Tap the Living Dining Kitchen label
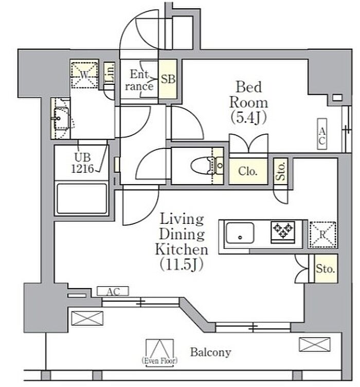tap(182, 241)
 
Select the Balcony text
tap(210, 352)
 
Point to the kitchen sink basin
tap(240, 233)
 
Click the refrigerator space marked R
tap(322, 235)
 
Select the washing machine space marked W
tap(84, 75)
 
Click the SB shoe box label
tap(168, 79)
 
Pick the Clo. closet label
tap(248, 171)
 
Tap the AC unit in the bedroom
tap(322, 134)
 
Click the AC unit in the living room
tap(113, 291)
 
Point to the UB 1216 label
tap(83, 163)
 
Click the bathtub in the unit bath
tap(82, 198)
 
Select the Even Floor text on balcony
tap(159, 361)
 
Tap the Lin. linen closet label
tap(110, 73)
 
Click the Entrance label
tap(139, 80)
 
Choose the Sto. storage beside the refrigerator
tap(326, 269)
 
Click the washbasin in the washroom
tap(60, 118)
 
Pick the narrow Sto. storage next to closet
tap(281, 171)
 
